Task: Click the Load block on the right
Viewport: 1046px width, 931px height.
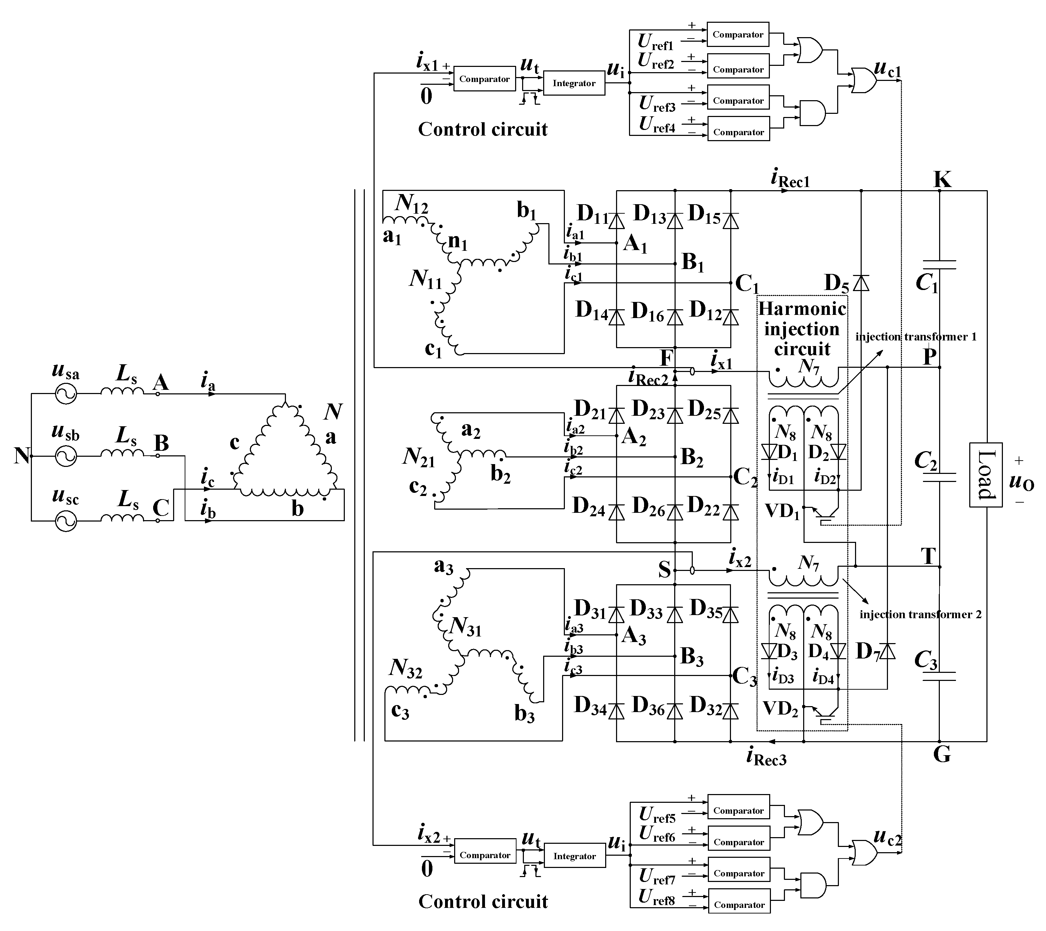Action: (985, 474)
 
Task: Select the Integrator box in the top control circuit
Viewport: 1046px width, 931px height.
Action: (574, 83)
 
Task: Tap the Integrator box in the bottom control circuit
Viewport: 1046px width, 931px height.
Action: (574, 856)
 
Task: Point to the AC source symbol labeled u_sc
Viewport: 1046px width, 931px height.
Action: (66, 521)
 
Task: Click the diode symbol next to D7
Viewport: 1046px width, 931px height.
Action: (887, 651)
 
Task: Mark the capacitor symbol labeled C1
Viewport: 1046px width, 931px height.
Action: (939, 264)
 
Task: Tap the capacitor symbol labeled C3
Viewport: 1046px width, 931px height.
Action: (939, 676)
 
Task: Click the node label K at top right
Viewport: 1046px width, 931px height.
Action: (942, 180)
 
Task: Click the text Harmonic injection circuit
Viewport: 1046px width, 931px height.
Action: (802, 329)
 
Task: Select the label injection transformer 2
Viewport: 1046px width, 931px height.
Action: (920, 614)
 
